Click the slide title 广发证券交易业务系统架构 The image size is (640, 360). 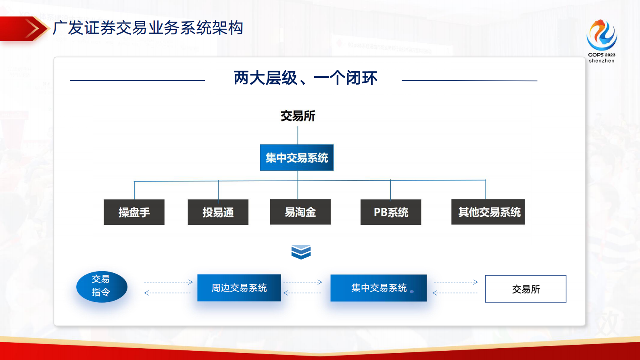[148, 28]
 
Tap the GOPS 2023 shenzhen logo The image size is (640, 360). [601, 40]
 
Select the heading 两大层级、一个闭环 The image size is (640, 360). [305, 78]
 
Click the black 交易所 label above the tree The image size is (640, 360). [298, 116]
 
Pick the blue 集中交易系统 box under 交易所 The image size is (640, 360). [297, 157]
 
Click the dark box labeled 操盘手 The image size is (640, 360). [134, 212]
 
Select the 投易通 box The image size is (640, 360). [218, 212]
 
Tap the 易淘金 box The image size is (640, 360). [300, 212]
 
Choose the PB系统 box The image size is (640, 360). [390, 212]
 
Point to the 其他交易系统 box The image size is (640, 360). [488, 212]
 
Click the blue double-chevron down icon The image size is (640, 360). [301, 252]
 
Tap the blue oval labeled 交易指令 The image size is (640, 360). [102, 287]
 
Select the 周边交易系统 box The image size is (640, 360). [239, 288]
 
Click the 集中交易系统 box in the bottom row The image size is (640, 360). [378, 288]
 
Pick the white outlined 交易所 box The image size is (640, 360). [525, 289]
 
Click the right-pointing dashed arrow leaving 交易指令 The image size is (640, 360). [168, 282]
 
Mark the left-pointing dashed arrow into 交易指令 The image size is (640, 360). [167, 293]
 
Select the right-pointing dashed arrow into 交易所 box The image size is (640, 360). [456, 282]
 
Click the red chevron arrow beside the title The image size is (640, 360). [32, 29]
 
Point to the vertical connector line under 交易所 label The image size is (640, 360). [298, 135]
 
